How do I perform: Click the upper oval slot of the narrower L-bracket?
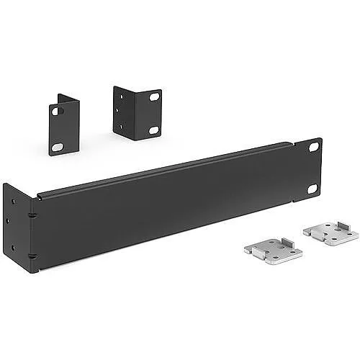click(x=55, y=111)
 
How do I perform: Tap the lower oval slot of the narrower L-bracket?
click(x=56, y=147)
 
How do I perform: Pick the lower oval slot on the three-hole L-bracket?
click(x=153, y=130)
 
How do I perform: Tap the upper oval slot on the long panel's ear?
click(x=313, y=147)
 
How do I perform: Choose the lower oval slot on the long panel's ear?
click(x=312, y=189)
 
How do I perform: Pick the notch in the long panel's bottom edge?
click(x=40, y=268)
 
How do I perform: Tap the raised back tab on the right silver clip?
click(x=344, y=226)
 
